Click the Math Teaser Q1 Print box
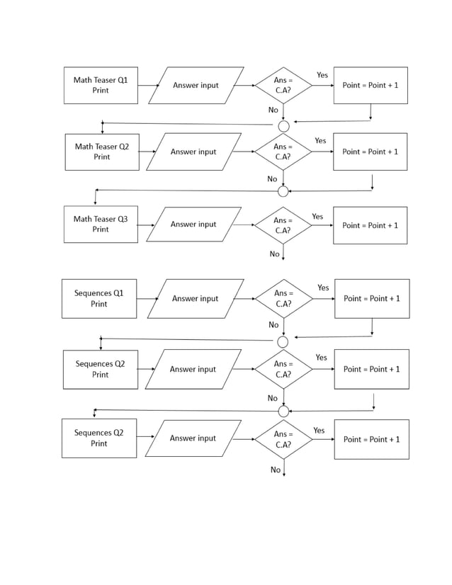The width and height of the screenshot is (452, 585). [x=101, y=85]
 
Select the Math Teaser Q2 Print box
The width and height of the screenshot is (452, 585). [x=101, y=152]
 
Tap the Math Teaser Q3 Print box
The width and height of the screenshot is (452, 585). [x=101, y=225]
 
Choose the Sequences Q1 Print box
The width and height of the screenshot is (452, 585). [x=99, y=298]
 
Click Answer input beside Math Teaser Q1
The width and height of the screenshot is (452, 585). [x=196, y=86]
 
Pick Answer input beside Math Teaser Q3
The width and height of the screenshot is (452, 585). [x=193, y=225]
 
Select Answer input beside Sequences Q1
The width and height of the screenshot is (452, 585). [x=196, y=299]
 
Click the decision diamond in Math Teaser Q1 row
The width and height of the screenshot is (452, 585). [x=283, y=86]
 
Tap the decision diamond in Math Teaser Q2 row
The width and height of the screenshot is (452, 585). [x=283, y=152]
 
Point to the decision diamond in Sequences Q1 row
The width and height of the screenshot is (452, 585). [x=283, y=298]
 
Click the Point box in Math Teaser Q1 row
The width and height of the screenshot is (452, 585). [x=371, y=85]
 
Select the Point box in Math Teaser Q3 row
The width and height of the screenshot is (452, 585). [x=371, y=225]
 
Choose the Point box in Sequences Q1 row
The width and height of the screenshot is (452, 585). [x=372, y=298]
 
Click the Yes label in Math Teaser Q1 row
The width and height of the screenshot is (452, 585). [x=322, y=75]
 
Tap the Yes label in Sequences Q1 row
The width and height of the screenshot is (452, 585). [x=323, y=288]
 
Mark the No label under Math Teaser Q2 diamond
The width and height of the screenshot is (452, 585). [x=272, y=179]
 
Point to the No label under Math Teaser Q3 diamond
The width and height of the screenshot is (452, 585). [x=274, y=254]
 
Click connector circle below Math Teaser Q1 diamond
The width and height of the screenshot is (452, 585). [x=283, y=126]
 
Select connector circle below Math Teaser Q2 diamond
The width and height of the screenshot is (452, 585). [x=283, y=191]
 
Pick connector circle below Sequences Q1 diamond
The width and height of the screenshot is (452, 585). [x=283, y=342]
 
